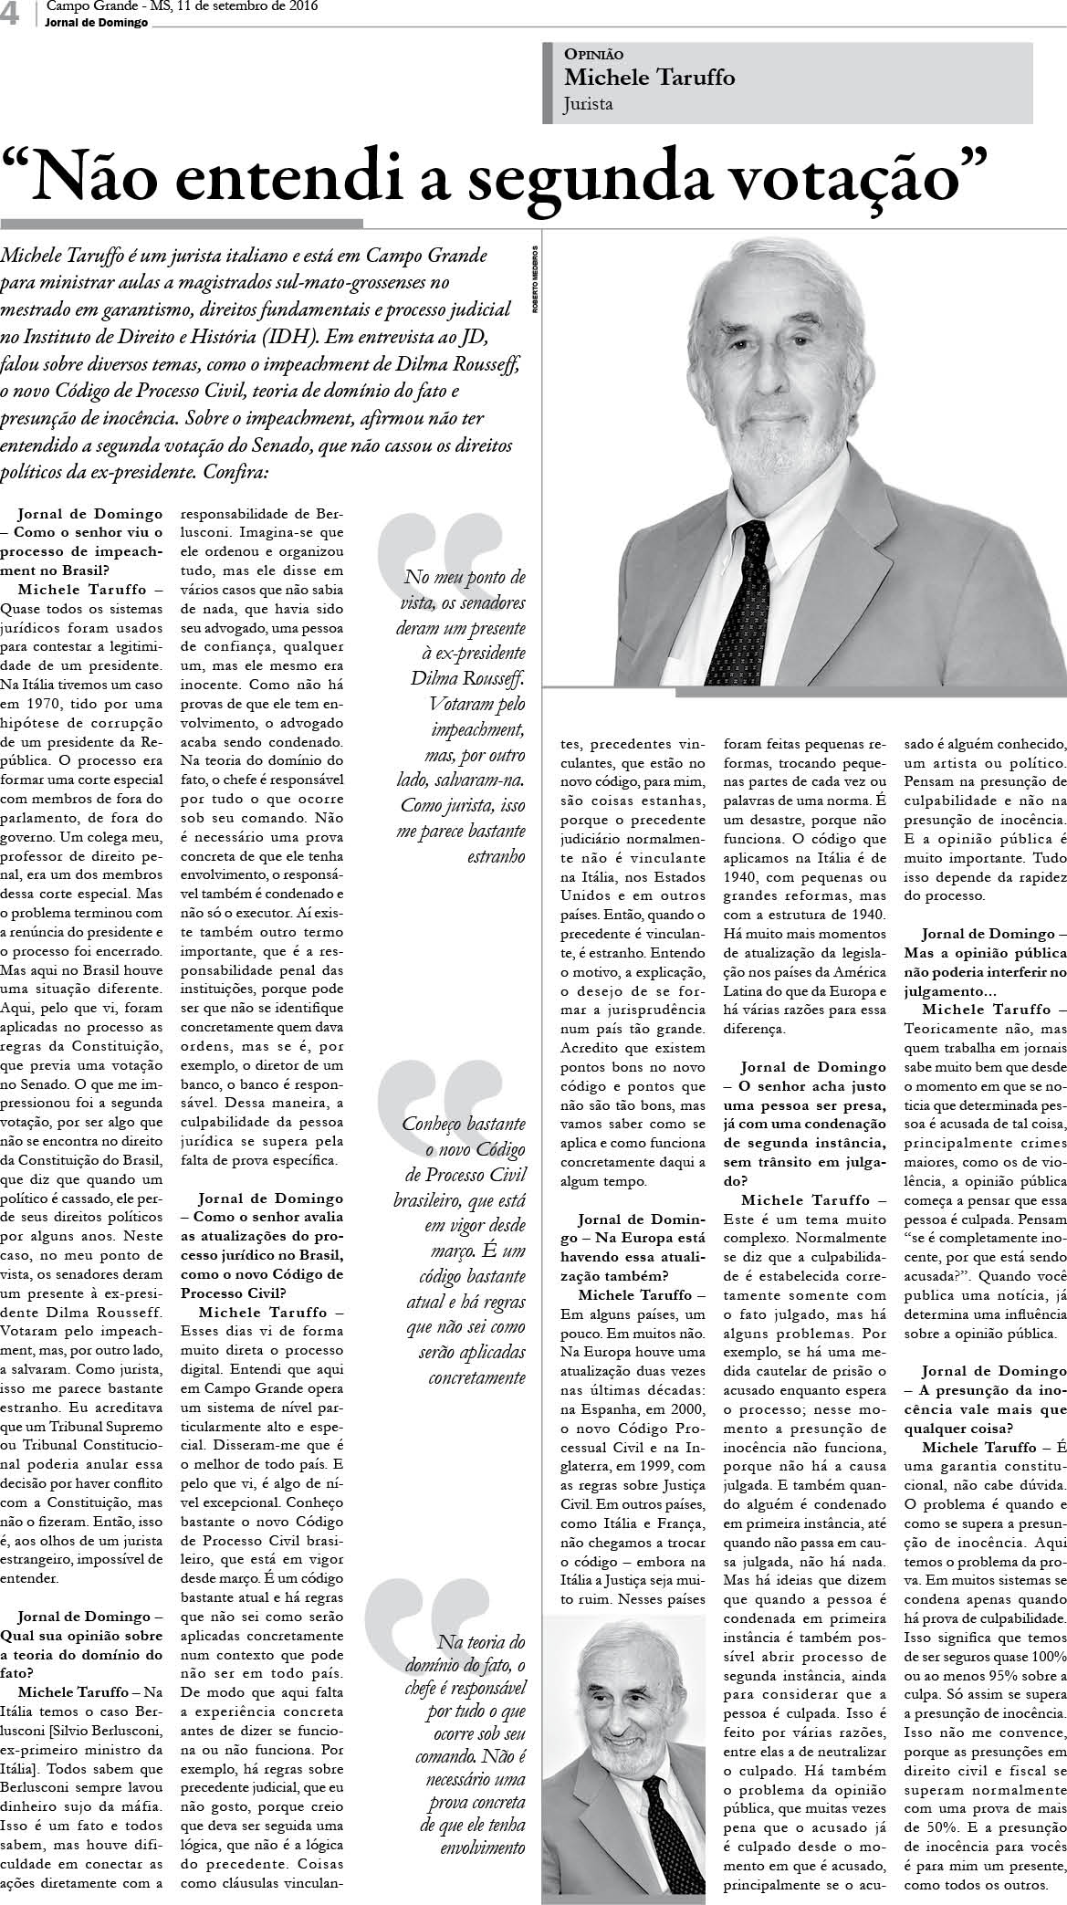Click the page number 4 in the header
pyautogui.click(x=11, y=13)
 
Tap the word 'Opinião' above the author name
pyautogui.click(x=594, y=55)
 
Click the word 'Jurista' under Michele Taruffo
pyautogui.click(x=589, y=104)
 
